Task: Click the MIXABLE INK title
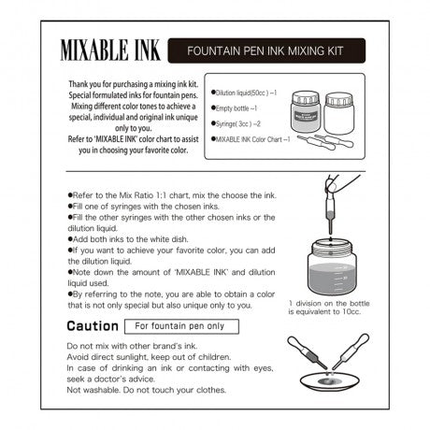pyautogui.click(x=110, y=50)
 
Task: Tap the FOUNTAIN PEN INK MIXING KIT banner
pyautogui.click(x=266, y=50)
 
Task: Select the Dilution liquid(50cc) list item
pyautogui.click(x=244, y=93)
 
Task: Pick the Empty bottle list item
pyautogui.click(x=234, y=108)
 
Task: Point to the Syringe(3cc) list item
pyautogui.click(x=236, y=124)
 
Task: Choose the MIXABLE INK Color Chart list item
pyautogui.click(x=251, y=139)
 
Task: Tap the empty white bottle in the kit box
pyautogui.click(x=339, y=113)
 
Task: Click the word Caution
pyautogui.click(x=93, y=326)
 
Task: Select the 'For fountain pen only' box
pyautogui.click(x=181, y=326)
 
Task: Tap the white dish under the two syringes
pyautogui.click(x=330, y=381)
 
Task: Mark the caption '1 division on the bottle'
pyautogui.click(x=329, y=304)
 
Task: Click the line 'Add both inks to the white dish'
pyautogui.click(x=128, y=239)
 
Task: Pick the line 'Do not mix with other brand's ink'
pyautogui.click(x=132, y=346)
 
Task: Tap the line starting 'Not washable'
pyautogui.click(x=146, y=390)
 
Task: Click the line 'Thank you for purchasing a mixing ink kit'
pyautogui.click(x=134, y=84)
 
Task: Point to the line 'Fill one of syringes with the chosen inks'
pyautogui.click(x=144, y=207)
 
